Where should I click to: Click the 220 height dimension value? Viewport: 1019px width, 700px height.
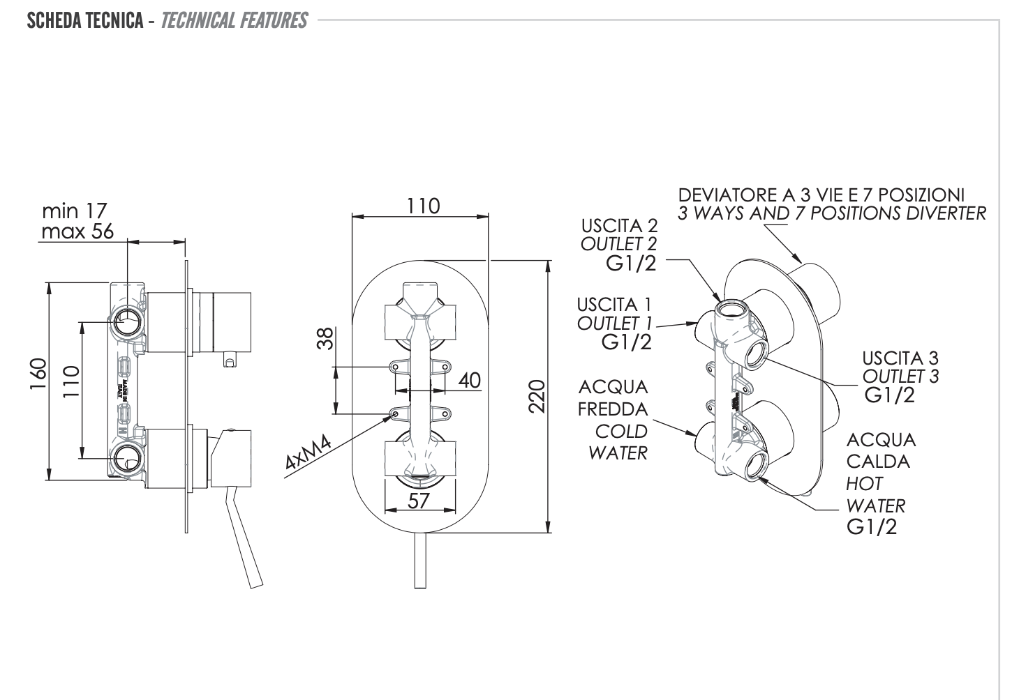[536, 396]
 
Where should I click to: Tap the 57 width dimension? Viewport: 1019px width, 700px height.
[419, 500]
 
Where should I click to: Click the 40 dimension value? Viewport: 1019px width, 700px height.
[469, 381]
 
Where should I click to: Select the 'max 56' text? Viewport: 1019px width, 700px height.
[77, 231]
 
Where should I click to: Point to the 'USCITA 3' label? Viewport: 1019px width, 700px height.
[900, 358]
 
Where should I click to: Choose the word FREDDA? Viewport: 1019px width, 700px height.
[613, 409]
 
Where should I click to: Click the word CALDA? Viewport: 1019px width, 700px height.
[877, 462]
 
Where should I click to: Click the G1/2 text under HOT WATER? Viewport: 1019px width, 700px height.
[871, 527]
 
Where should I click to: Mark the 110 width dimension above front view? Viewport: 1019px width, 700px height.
[424, 206]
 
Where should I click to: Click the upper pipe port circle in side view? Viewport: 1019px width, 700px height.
[127, 322]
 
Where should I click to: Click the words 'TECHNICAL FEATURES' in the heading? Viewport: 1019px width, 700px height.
[234, 21]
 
